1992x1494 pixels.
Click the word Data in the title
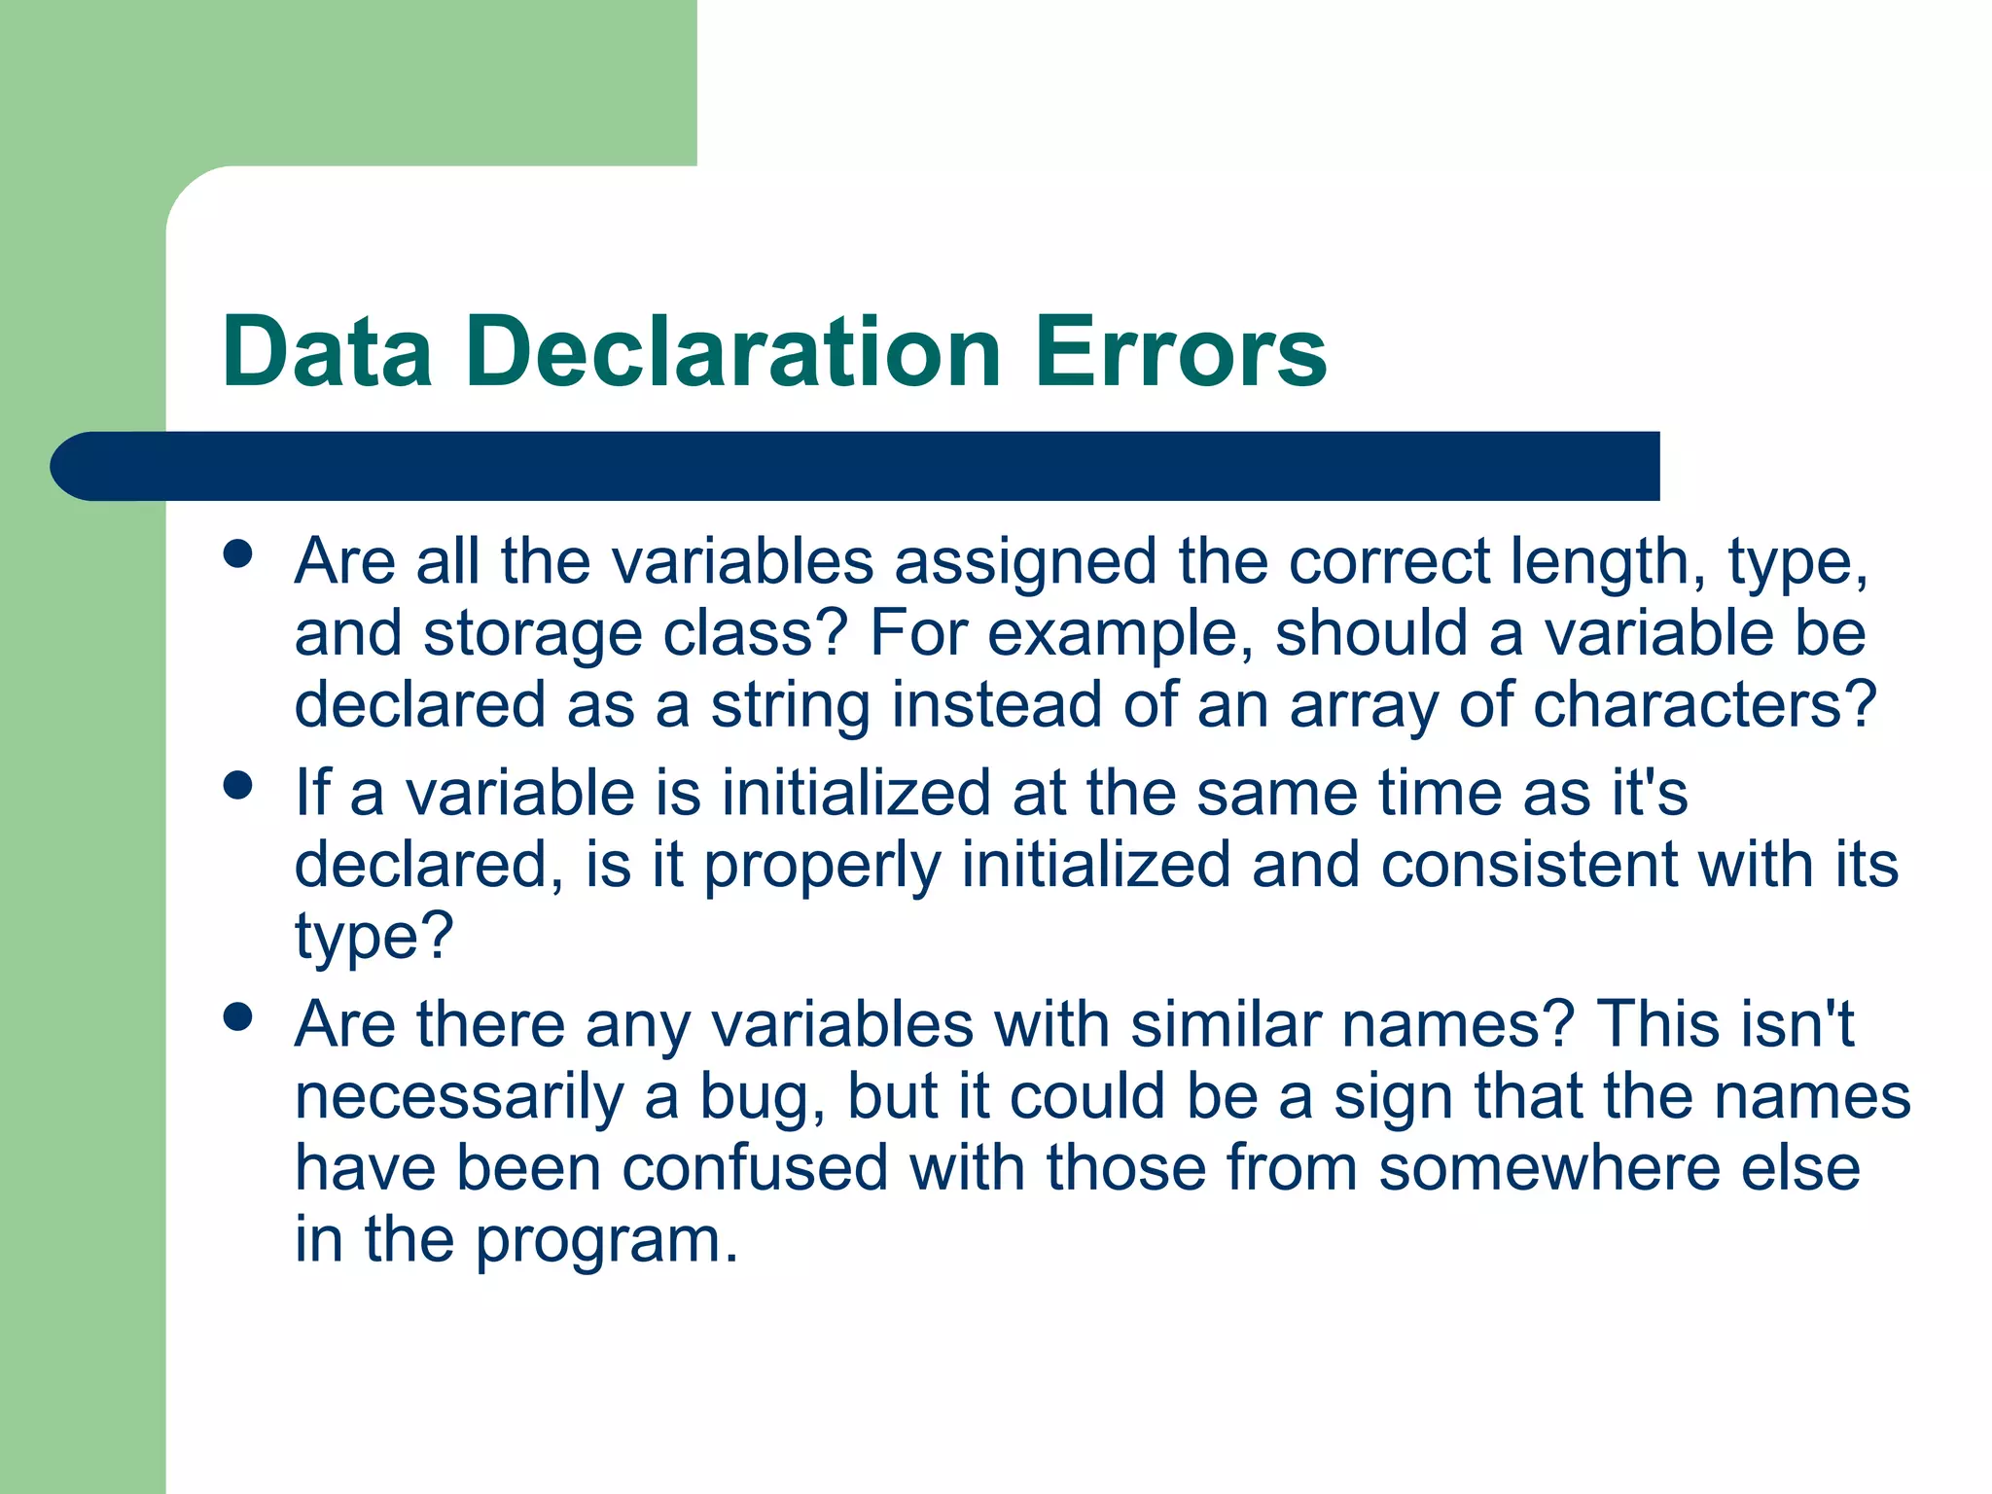tap(327, 351)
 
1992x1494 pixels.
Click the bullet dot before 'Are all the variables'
tap(237, 554)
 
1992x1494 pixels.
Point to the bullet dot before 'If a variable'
tap(237, 785)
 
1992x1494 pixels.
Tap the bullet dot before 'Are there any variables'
tap(237, 1017)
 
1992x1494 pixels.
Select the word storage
tap(532, 634)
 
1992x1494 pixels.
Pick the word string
tap(790, 705)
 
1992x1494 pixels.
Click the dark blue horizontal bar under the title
tap(856, 466)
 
